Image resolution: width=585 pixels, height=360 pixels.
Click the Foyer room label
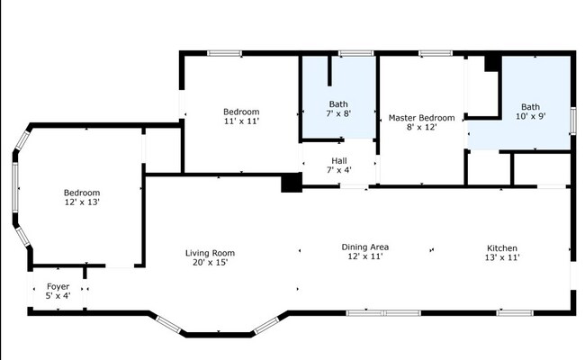point(58,286)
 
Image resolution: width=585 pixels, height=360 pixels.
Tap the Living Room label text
point(210,253)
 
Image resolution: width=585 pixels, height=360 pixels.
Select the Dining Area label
point(365,247)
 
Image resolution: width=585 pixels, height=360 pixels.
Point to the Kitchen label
point(502,248)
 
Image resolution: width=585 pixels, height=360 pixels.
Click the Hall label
point(339,161)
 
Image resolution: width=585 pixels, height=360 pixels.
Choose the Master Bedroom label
point(421,118)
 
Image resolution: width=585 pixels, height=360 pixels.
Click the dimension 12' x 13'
point(82,202)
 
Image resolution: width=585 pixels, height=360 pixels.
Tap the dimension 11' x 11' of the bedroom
point(241,121)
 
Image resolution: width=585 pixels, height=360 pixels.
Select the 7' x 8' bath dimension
point(338,113)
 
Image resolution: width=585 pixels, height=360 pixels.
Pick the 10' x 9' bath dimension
point(530,116)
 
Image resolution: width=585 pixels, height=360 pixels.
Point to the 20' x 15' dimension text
point(210,262)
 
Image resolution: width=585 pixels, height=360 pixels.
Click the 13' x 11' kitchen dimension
point(502,257)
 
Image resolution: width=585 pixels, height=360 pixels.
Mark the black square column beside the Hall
point(292,183)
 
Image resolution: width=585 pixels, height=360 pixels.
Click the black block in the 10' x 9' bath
point(493,63)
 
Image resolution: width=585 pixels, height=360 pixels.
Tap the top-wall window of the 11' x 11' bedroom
point(224,53)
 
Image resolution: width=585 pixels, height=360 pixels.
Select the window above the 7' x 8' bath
point(355,53)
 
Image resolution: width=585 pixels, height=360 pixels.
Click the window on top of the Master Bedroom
point(436,53)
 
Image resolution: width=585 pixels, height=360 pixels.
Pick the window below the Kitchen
point(515,312)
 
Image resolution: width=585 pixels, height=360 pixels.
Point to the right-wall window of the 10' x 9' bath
point(572,121)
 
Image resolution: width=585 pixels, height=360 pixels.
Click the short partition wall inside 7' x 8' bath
point(329,71)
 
